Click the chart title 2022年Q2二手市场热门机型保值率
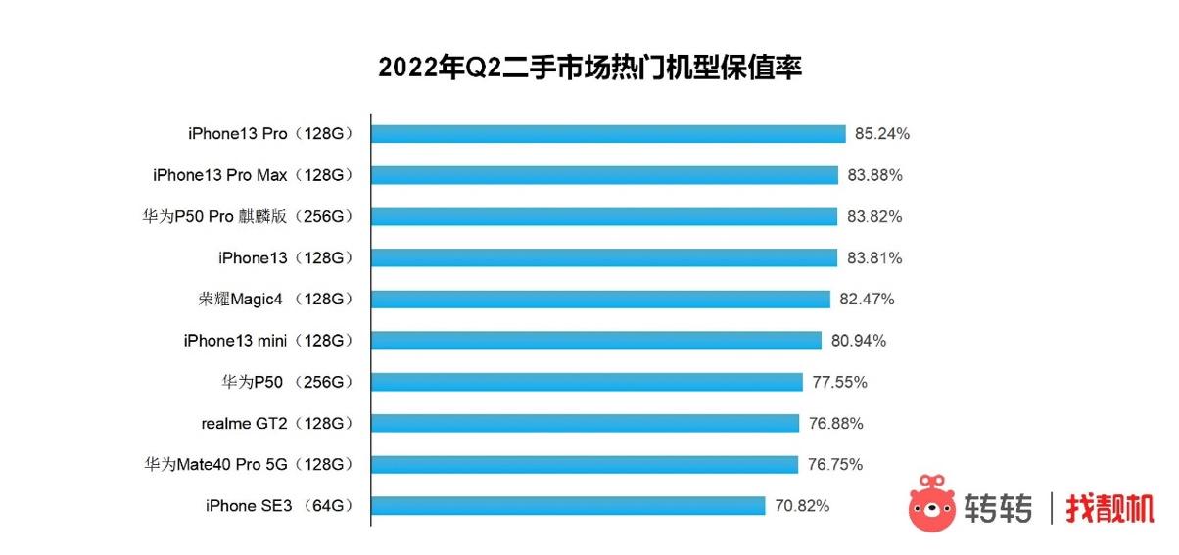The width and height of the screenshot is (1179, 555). coord(589,68)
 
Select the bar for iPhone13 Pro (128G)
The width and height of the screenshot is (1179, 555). coord(607,134)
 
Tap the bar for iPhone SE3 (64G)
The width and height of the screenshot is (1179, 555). coord(567,506)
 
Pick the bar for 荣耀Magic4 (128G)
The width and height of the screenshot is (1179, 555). coord(600,300)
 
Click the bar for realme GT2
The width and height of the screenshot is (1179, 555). coord(585,423)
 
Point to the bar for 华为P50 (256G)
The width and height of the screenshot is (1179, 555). coord(587,382)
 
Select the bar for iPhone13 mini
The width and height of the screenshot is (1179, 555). coord(595,341)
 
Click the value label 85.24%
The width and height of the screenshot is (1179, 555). coord(882,134)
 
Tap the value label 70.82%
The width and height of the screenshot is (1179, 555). coord(802,506)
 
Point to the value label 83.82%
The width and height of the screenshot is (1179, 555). coord(874,216)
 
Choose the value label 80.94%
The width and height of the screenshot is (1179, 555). coord(859,341)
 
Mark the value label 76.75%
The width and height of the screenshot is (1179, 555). coord(835,465)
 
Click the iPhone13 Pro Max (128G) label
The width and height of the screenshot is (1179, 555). coord(252,175)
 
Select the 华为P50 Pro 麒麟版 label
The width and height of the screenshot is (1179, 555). coord(247,216)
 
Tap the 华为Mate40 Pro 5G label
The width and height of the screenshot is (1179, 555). coord(248,465)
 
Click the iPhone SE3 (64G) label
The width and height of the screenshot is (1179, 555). coord(278,506)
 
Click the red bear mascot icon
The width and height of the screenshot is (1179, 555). coord(932,504)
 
